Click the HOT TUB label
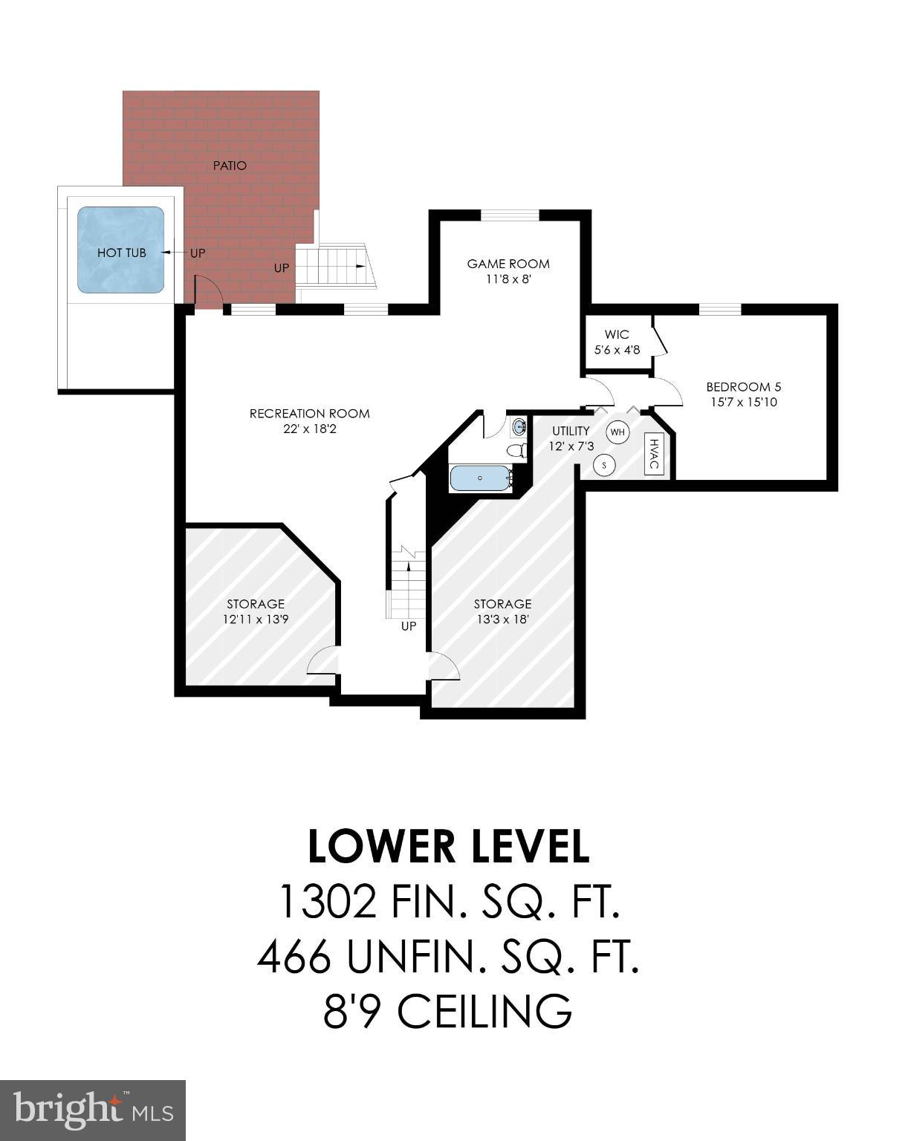click(121, 253)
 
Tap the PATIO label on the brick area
click(230, 166)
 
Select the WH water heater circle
click(618, 432)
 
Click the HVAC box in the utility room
click(653, 454)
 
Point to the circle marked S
click(605, 466)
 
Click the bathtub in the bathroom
click(481, 478)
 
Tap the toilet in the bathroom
click(516, 449)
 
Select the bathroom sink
click(519, 426)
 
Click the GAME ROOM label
click(508, 264)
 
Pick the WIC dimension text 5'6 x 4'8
click(616, 349)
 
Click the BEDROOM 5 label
click(743, 387)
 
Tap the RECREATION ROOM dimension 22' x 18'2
click(309, 429)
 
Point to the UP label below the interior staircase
click(409, 626)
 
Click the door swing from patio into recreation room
click(207, 291)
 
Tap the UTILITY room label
click(571, 431)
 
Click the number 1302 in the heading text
click(325, 902)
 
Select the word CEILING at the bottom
click(484, 1011)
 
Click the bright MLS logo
click(92, 1110)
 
